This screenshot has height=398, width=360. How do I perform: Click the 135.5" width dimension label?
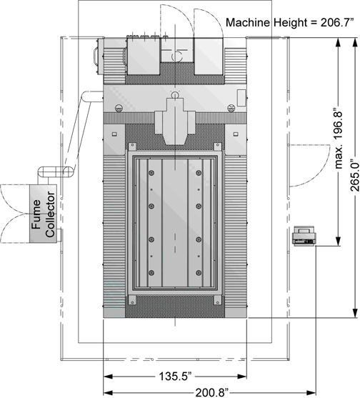(x=175, y=376)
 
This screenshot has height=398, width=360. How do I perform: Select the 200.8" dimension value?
(x=211, y=392)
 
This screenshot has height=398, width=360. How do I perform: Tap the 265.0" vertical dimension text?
(x=355, y=175)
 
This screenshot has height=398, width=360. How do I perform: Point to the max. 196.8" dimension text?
(x=339, y=140)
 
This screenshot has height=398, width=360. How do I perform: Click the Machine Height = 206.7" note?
(x=289, y=23)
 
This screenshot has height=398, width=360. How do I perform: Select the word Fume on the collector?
(x=36, y=214)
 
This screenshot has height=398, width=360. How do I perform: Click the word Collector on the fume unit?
(x=50, y=214)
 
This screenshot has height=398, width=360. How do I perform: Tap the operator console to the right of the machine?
(x=304, y=236)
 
